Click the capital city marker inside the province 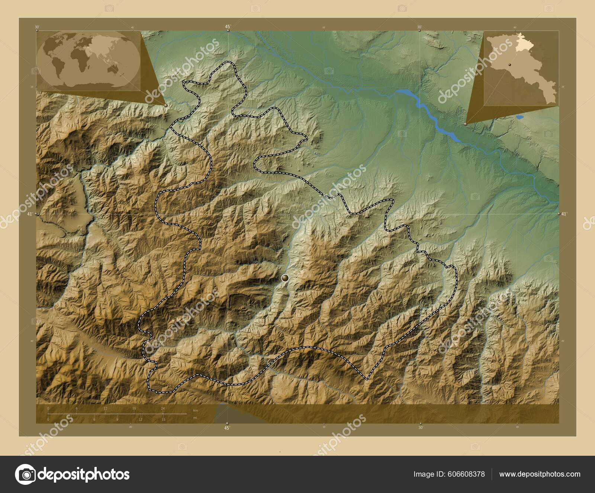285,278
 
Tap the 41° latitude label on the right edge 564,214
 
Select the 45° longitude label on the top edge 228,26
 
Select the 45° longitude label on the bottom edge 227,428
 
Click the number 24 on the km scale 163,408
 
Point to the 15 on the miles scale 163,420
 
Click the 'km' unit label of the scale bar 196,410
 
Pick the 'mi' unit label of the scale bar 195,418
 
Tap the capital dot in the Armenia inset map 509,65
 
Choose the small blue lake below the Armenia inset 519,117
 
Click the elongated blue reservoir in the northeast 428,112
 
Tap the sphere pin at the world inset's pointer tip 165,105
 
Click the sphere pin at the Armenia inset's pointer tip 466,124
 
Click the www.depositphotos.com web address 540,474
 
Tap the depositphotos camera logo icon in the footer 25,474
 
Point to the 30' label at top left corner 36,27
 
